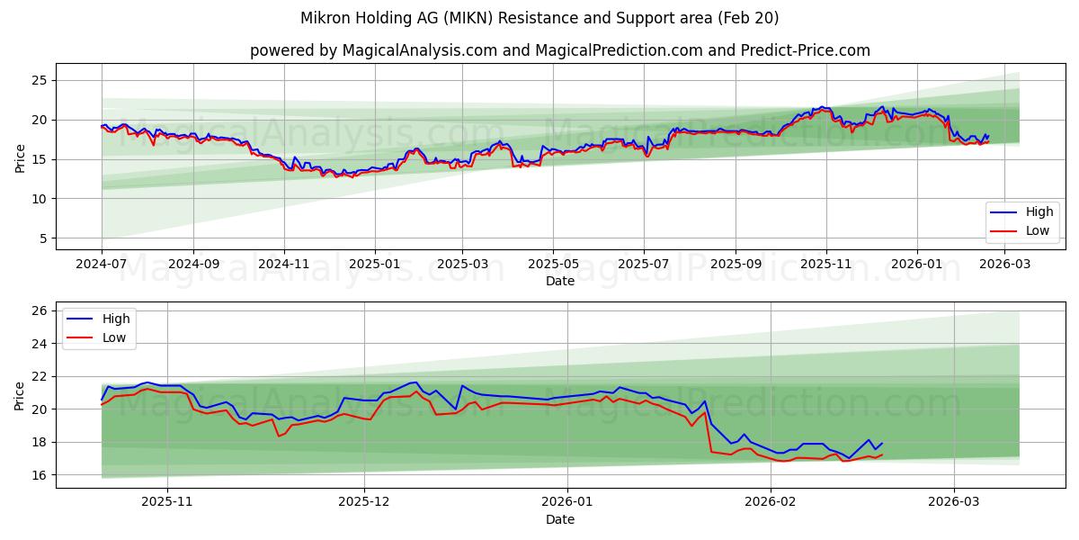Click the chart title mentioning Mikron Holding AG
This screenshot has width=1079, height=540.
[x=539, y=18]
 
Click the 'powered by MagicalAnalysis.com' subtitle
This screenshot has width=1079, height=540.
[x=559, y=50]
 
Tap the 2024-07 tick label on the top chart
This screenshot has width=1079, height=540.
[x=102, y=265]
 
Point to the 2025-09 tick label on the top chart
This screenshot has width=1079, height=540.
[x=736, y=265]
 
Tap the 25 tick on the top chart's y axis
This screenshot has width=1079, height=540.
[x=39, y=80]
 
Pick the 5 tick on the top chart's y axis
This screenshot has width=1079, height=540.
[x=42, y=238]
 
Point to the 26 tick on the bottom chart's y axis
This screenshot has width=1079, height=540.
[x=39, y=311]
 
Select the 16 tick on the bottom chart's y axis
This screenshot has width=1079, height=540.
[x=39, y=475]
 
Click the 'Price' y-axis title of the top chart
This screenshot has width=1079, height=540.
[x=21, y=157]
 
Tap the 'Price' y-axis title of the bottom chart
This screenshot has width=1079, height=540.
[x=21, y=394]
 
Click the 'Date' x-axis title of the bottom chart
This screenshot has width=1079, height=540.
[x=559, y=519]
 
